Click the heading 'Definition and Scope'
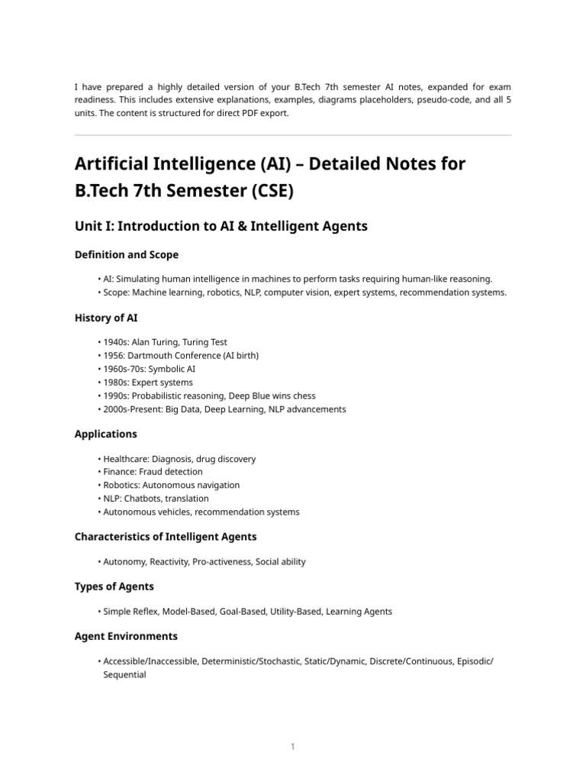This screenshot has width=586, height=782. point(127,254)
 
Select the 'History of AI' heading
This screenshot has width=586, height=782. point(106,318)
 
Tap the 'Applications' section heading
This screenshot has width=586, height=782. point(106,434)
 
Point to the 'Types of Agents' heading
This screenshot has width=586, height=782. point(114,586)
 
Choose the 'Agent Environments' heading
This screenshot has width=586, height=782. point(126,636)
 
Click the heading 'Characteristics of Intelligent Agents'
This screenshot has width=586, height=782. point(166,537)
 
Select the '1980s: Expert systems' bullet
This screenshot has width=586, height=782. point(148,383)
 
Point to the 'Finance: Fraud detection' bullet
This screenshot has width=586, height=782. point(153,472)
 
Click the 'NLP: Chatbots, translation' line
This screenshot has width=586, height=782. point(156,499)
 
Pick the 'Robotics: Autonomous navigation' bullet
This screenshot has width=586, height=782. point(171,485)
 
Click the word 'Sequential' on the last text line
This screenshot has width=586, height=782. point(124,675)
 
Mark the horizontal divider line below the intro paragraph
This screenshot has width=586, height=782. point(293,135)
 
